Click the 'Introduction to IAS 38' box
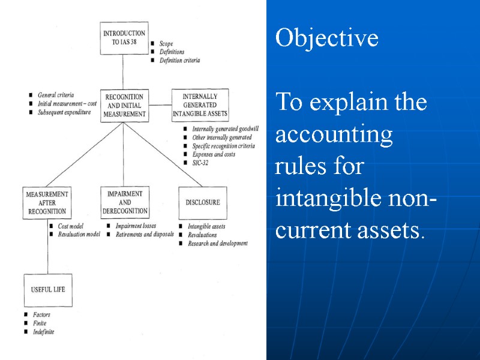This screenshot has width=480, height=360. [x=124, y=38]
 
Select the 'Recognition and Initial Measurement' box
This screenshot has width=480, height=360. [x=124, y=105]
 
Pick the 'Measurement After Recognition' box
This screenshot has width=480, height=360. [x=46, y=203]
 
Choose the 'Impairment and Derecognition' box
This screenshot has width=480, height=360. [x=124, y=203]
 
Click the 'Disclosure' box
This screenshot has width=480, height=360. [x=203, y=203]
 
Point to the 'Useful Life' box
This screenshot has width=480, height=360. [x=48, y=290]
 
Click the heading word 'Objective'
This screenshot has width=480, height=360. [x=326, y=38]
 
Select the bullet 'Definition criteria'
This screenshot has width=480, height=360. [x=179, y=60]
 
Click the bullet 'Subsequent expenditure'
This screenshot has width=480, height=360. [x=64, y=112]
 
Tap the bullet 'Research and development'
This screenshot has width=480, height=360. [x=217, y=244]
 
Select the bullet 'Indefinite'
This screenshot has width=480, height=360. [x=44, y=332]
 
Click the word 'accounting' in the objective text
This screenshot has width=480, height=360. [x=334, y=134]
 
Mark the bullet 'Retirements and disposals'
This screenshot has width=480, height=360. [x=145, y=235]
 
